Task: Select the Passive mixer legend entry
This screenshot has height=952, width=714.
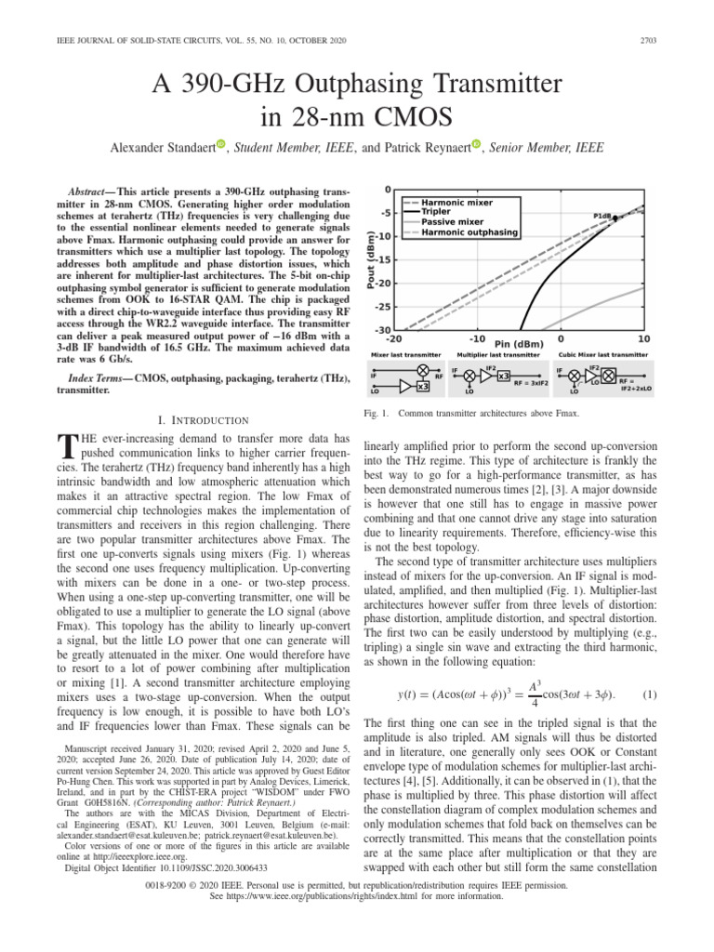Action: [454, 222]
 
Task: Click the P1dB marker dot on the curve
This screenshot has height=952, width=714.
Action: [615, 219]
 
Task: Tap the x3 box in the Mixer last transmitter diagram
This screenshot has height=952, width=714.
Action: [422, 386]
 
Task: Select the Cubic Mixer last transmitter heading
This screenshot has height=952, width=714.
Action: [602, 355]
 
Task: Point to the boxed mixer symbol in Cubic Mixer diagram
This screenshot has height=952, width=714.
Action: [607, 377]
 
